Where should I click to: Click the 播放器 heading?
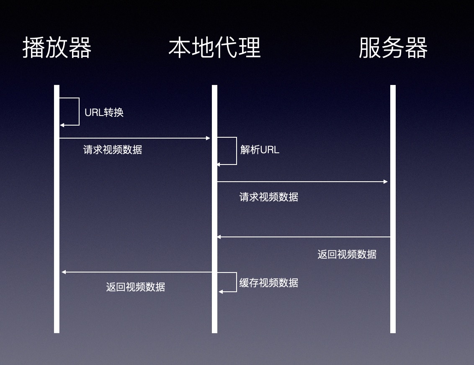click(x=57, y=48)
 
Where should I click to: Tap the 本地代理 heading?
click(x=214, y=48)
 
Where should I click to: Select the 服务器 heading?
click(x=393, y=48)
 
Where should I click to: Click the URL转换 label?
click(x=104, y=113)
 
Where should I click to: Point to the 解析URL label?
click(x=260, y=150)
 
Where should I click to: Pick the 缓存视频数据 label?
click(x=269, y=283)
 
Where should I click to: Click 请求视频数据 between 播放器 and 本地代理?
click(x=113, y=150)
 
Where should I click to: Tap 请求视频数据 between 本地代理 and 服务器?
click(x=269, y=197)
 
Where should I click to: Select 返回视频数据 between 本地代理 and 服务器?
click(x=347, y=254)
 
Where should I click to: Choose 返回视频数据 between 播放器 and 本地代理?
click(x=135, y=287)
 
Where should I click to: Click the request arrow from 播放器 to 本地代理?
click(x=134, y=138)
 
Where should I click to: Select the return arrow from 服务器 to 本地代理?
click(x=303, y=237)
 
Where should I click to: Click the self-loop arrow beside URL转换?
click(x=79, y=112)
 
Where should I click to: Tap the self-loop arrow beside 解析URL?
click(x=236, y=151)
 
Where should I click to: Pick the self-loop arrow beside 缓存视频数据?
click(x=236, y=282)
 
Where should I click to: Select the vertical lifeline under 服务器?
click(x=393, y=293)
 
